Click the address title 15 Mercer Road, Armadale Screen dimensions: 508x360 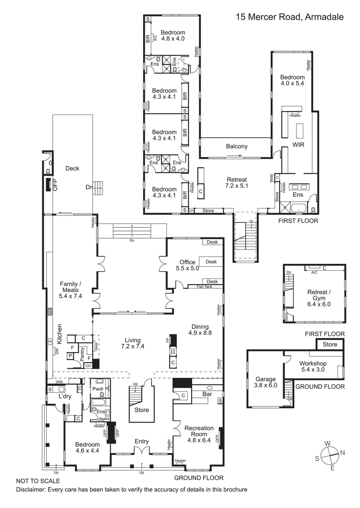(290, 17)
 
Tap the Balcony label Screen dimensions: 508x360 (237, 146)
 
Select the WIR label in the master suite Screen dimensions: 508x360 (299, 145)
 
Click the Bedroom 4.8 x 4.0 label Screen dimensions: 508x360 (173, 36)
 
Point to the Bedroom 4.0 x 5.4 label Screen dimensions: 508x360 (292, 80)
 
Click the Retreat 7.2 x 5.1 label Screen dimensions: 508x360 (237, 181)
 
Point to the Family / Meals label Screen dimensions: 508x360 (71, 287)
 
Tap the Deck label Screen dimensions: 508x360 (72, 168)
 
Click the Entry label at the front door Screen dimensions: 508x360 (142, 441)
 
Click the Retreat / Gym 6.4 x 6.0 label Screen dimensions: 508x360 (319, 298)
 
